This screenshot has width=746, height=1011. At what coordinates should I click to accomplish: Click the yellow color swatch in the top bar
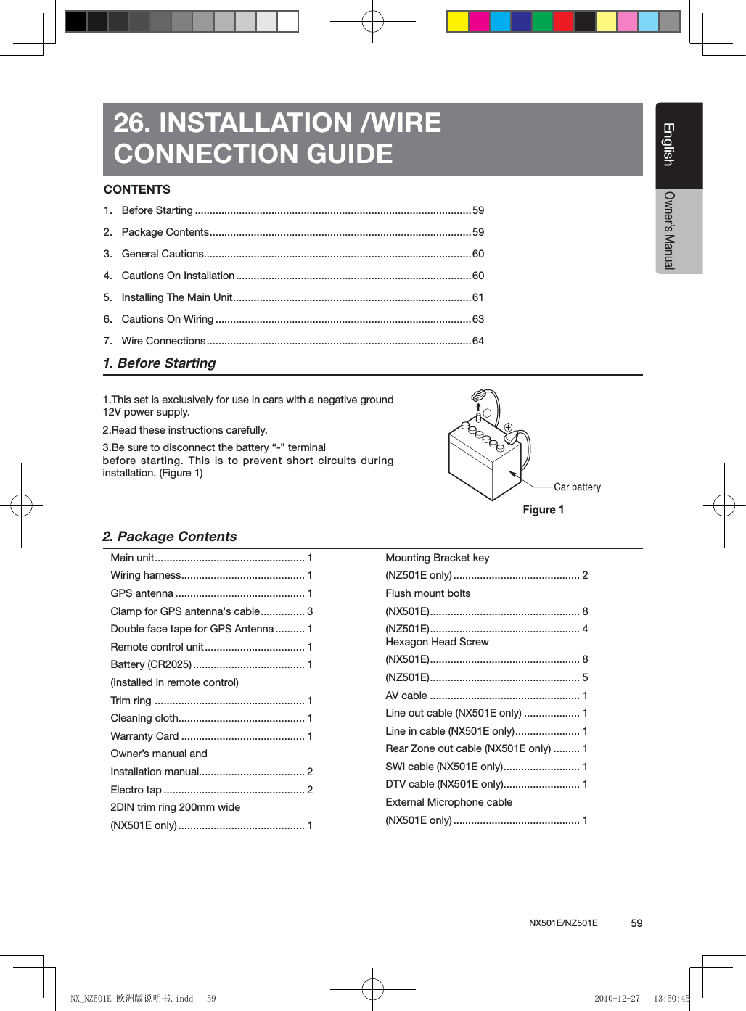click(457, 22)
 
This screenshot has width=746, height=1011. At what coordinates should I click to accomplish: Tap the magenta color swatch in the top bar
click(479, 22)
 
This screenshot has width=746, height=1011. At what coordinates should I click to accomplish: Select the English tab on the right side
click(669, 144)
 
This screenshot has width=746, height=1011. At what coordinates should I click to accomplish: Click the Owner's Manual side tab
click(669, 231)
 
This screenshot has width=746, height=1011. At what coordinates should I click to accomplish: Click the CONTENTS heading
click(137, 190)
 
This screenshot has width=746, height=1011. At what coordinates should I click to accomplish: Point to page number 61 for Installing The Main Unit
click(477, 297)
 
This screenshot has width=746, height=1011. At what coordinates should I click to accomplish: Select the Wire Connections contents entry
click(163, 341)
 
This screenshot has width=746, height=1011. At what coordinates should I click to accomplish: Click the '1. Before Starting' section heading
click(160, 363)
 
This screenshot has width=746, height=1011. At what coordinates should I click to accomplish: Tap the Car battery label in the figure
click(577, 487)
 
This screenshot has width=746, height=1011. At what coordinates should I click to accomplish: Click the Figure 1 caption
click(543, 510)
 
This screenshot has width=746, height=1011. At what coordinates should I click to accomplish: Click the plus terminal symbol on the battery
click(509, 428)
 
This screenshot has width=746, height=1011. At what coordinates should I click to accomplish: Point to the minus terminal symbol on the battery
click(487, 413)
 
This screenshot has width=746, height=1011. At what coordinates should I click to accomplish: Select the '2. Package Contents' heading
click(170, 537)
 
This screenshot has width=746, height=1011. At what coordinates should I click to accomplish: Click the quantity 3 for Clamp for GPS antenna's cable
click(310, 611)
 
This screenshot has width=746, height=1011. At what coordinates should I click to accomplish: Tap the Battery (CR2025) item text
click(151, 664)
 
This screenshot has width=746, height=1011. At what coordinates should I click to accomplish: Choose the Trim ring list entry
click(131, 701)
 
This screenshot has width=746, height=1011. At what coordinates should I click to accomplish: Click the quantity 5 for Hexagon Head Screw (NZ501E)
click(585, 677)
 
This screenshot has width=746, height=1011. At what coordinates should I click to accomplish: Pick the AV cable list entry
click(406, 696)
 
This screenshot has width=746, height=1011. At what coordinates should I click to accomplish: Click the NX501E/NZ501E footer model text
click(563, 923)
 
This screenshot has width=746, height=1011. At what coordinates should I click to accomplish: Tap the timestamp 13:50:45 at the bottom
click(671, 999)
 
